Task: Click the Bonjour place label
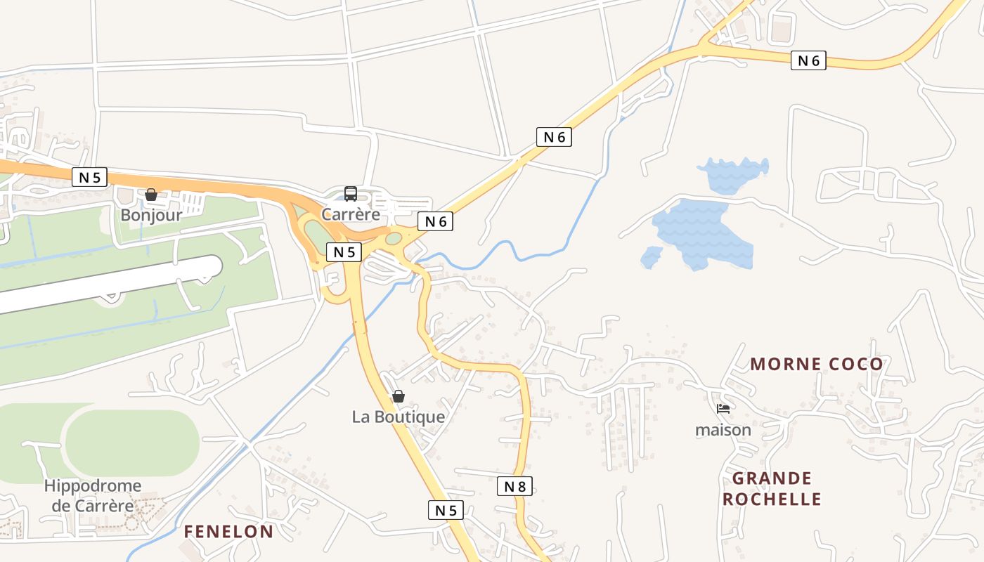[151, 215]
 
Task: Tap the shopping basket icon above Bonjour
[151, 195]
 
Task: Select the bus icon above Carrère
[351, 194]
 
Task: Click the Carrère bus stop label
[351, 214]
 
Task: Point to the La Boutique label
[399, 417]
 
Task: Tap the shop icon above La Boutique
[399, 396]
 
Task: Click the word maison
[723, 429]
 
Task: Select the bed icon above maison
[723, 408]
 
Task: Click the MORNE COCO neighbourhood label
[816, 364]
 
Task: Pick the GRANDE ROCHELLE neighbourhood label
[772, 489]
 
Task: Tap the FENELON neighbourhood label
[228, 532]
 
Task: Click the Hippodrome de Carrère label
[92, 495]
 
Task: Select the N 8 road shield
[514, 485]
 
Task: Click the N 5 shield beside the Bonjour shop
[89, 177]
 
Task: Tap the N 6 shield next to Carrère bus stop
[436, 221]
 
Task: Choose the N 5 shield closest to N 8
[446, 510]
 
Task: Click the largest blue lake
[703, 232]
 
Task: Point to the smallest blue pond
[652, 257]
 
